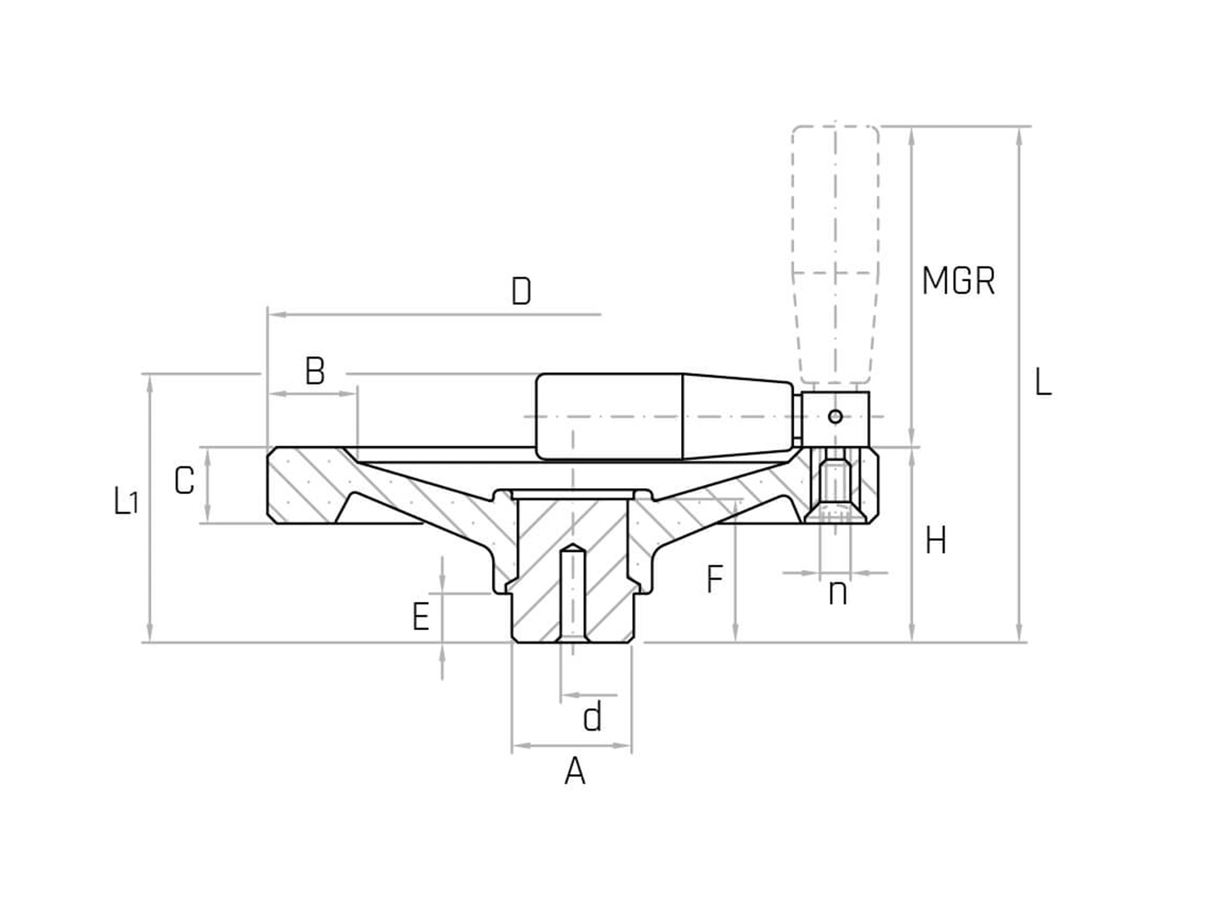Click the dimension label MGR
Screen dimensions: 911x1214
coord(958,281)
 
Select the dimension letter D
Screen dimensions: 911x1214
coord(521,292)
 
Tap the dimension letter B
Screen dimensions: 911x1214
coord(315,371)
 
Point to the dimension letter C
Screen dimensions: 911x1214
coord(184,481)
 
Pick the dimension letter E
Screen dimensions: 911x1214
coord(420,617)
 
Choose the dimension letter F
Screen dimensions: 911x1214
coord(714,580)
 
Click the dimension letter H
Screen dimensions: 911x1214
coord(935,540)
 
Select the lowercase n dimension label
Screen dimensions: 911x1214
coord(838,593)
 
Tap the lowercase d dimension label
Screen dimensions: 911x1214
coord(593,718)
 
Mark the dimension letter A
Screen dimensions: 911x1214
coord(574,771)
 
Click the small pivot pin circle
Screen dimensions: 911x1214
coord(835,416)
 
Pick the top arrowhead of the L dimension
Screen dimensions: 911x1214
coord(1019,136)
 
